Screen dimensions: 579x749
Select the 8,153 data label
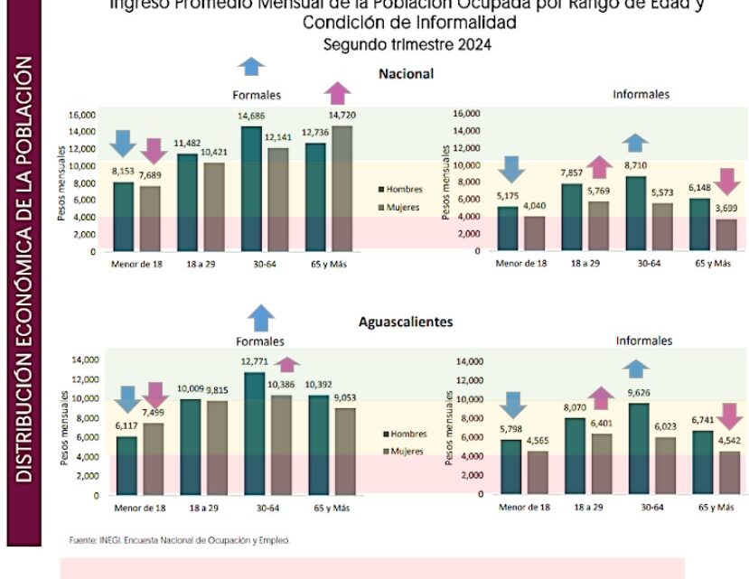pyautogui.click(x=124, y=172)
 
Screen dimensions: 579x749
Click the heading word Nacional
pyautogui.click(x=407, y=74)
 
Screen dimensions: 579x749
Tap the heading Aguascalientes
pyautogui.click(x=406, y=322)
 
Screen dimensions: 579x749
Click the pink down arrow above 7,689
pyautogui.click(x=154, y=151)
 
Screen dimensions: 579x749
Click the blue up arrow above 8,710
pyautogui.click(x=635, y=142)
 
